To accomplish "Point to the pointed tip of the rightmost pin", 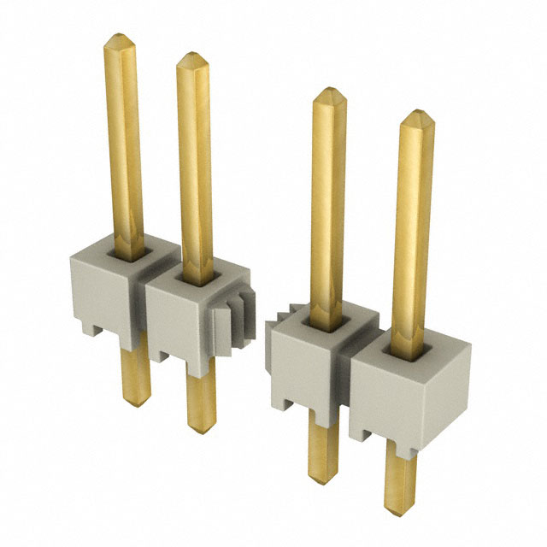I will [415, 113].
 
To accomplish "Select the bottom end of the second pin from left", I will [202, 424].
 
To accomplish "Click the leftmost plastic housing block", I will [99, 291].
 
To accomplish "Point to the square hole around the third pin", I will [329, 321].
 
